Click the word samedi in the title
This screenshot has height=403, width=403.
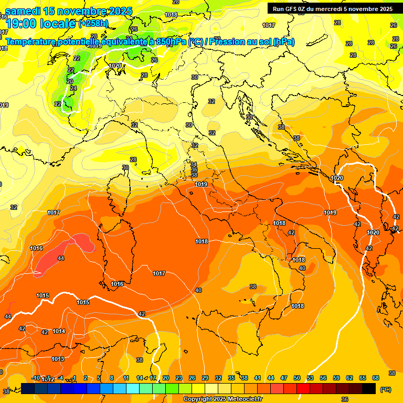(x=25, y=11)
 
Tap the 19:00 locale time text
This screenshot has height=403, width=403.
(x=41, y=23)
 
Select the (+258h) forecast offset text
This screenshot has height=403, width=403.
(x=93, y=24)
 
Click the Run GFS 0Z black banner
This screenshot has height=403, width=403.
(x=333, y=8)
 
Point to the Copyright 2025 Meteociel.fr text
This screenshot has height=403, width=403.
(x=222, y=399)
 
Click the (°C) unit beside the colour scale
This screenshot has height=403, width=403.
(x=386, y=389)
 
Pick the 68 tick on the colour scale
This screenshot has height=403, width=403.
(x=376, y=378)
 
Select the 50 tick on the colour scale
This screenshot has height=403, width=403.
(x=297, y=378)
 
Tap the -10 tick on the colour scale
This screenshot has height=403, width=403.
(x=36, y=378)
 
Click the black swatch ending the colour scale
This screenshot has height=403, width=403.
(x=369, y=389)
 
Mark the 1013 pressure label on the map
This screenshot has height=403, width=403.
(x=58, y=359)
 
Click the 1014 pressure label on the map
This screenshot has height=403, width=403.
(x=59, y=331)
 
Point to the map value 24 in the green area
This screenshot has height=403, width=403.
(x=73, y=88)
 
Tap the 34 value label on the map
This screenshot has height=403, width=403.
(x=194, y=164)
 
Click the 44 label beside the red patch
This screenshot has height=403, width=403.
(x=61, y=258)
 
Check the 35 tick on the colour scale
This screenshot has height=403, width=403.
(x=231, y=378)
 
